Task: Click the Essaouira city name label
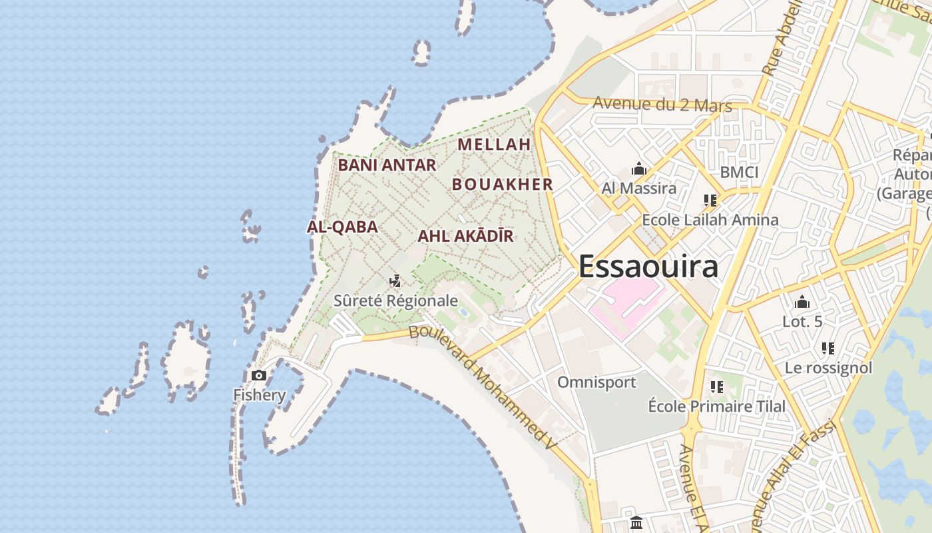pos(648,266)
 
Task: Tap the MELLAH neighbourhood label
pos(494,144)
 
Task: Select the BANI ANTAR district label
pos(387,165)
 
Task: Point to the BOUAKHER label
pos(503,185)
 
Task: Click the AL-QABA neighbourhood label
pos(342,227)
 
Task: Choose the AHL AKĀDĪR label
pos(465,236)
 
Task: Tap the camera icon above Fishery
pos(259,376)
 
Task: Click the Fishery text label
pos(259,395)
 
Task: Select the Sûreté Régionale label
pos(395,300)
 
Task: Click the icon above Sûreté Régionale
pos(395,281)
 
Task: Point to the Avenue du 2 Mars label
pos(662,105)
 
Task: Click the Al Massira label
pos(639,188)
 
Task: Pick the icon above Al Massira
pos(639,169)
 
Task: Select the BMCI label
pos(739,172)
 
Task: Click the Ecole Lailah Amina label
pos(710,220)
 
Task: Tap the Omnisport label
pos(596,382)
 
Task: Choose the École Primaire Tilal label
pos(717,406)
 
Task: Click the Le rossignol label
pos(828,368)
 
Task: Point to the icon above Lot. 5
pos(802,302)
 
